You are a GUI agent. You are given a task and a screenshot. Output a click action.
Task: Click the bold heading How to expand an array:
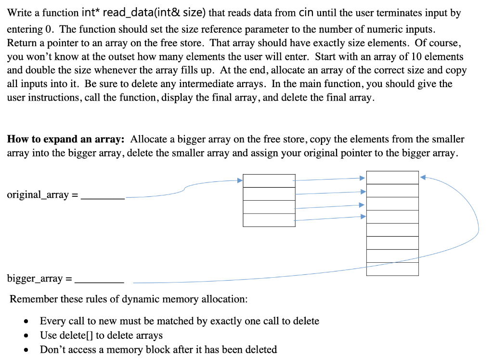click(66, 139)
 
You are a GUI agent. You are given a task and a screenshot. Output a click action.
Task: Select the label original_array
click(38, 195)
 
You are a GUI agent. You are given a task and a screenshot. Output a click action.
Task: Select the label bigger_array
click(35, 278)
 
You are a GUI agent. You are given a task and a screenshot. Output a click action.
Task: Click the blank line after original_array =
click(103, 198)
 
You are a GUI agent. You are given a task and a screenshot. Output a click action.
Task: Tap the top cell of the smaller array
click(269, 181)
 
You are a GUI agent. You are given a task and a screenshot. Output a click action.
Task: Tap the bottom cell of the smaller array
click(269, 220)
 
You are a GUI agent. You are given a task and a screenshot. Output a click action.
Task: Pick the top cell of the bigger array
click(392, 177)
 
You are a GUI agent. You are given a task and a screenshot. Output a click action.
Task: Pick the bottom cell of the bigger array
click(392, 269)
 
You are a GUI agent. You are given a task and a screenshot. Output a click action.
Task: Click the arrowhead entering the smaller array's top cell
click(240, 180)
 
